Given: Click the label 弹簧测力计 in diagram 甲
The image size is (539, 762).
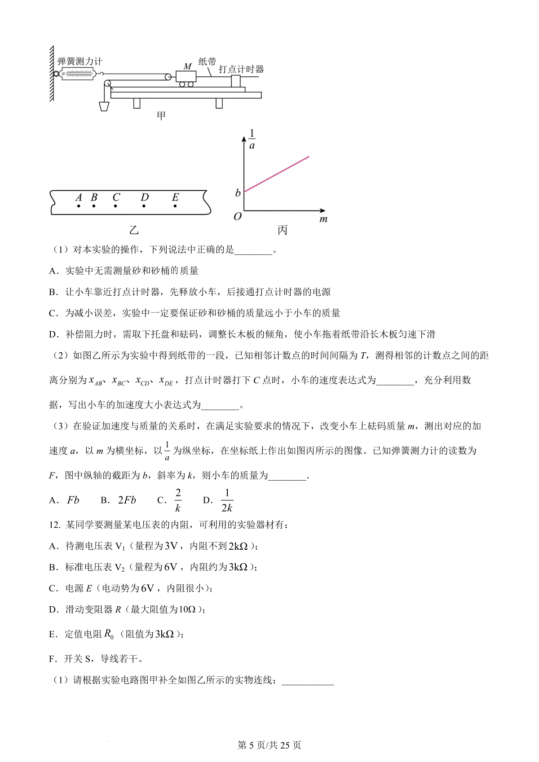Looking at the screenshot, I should [80, 61].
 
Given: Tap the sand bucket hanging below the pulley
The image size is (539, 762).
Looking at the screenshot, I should [104, 106].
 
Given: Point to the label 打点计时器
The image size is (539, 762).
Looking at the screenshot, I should [241, 69].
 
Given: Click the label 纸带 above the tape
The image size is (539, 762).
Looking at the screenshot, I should [207, 61].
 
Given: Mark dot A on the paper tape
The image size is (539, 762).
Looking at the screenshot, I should [79, 206].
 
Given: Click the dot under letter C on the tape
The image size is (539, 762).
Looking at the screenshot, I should [116, 206].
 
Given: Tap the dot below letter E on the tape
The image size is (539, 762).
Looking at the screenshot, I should [175, 206].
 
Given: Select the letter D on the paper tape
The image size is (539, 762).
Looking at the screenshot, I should [144, 197].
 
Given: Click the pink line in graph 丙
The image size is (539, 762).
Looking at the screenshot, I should [276, 174].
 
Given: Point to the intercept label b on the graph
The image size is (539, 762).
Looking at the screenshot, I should [238, 193].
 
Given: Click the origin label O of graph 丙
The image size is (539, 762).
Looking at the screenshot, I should [238, 217].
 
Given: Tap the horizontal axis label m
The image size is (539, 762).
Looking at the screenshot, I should [323, 219].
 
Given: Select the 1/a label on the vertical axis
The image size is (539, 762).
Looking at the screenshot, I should [252, 139].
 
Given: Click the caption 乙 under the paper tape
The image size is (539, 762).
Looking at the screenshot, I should [134, 230].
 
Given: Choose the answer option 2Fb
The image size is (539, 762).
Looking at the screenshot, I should [127, 500].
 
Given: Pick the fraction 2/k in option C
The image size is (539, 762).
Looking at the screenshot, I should [178, 500].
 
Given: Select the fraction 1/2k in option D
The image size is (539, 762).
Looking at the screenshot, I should [227, 500].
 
